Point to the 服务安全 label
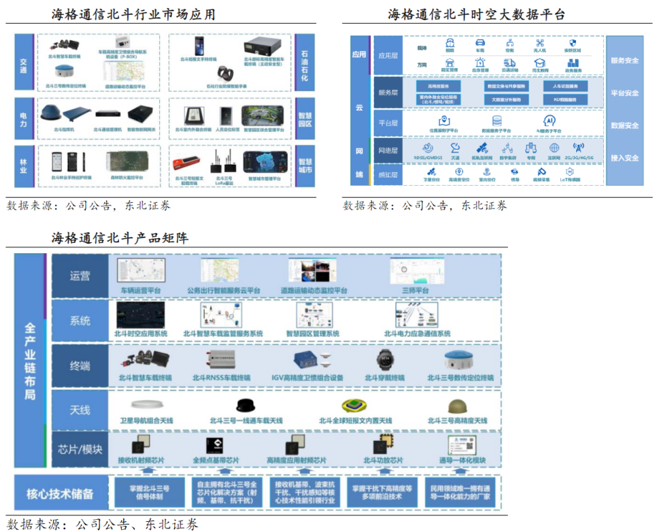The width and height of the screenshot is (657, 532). [624, 61]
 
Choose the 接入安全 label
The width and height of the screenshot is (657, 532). [624, 158]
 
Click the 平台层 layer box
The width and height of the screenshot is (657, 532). [391, 123]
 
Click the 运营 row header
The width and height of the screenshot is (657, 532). [80, 276]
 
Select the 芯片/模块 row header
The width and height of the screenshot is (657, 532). [80, 449]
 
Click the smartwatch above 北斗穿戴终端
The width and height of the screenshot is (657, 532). [384, 361]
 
